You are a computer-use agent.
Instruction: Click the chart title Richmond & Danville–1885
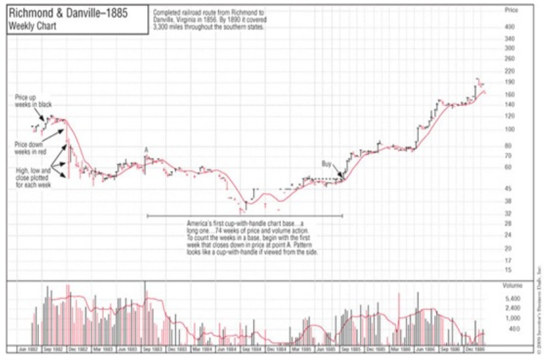(67, 14)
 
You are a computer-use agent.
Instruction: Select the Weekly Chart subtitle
(32, 26)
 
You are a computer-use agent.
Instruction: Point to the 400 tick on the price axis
(509, 26)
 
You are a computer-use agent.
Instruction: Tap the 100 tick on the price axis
(509, 129)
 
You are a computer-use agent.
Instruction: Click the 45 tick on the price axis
(508, 189)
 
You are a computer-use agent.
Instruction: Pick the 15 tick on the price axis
(508, 270)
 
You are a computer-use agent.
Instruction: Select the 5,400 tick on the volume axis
(511, 298)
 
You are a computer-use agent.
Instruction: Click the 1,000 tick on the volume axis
(511, 318)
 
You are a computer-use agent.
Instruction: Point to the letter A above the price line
(146, 150)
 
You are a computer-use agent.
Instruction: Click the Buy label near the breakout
(327, 164)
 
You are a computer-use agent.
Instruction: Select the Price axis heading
(510, 10)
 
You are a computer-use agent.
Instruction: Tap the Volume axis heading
(512, 286)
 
